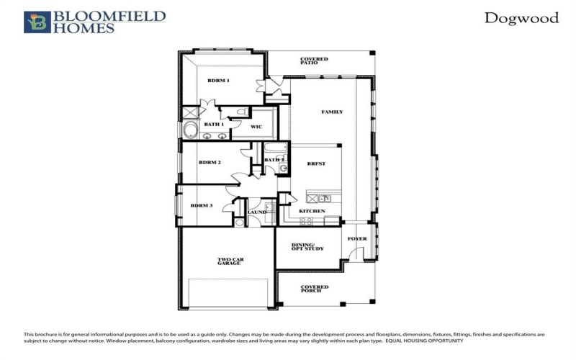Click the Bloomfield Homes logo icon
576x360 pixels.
[37, 22]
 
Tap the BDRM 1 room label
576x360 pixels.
[218, 81]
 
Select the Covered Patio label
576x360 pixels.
[315, 61]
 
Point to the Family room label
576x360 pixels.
[332, 112]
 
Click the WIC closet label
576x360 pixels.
[256, 127]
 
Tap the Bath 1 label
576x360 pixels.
[215, 124]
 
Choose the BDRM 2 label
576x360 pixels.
[210, 163]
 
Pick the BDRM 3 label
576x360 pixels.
[202, 206]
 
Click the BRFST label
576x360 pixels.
[316, 164]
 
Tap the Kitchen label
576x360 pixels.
[312, 211]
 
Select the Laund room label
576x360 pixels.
[257, 212]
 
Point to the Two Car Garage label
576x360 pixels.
[230, 261]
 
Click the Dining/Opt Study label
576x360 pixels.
[307, 248]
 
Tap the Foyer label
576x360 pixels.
[357, 239]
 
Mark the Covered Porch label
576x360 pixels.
[315, 289]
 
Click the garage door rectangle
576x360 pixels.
[230, 293]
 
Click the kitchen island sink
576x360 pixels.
[322, 197]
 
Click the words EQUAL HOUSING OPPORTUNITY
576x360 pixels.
[425, 340]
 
